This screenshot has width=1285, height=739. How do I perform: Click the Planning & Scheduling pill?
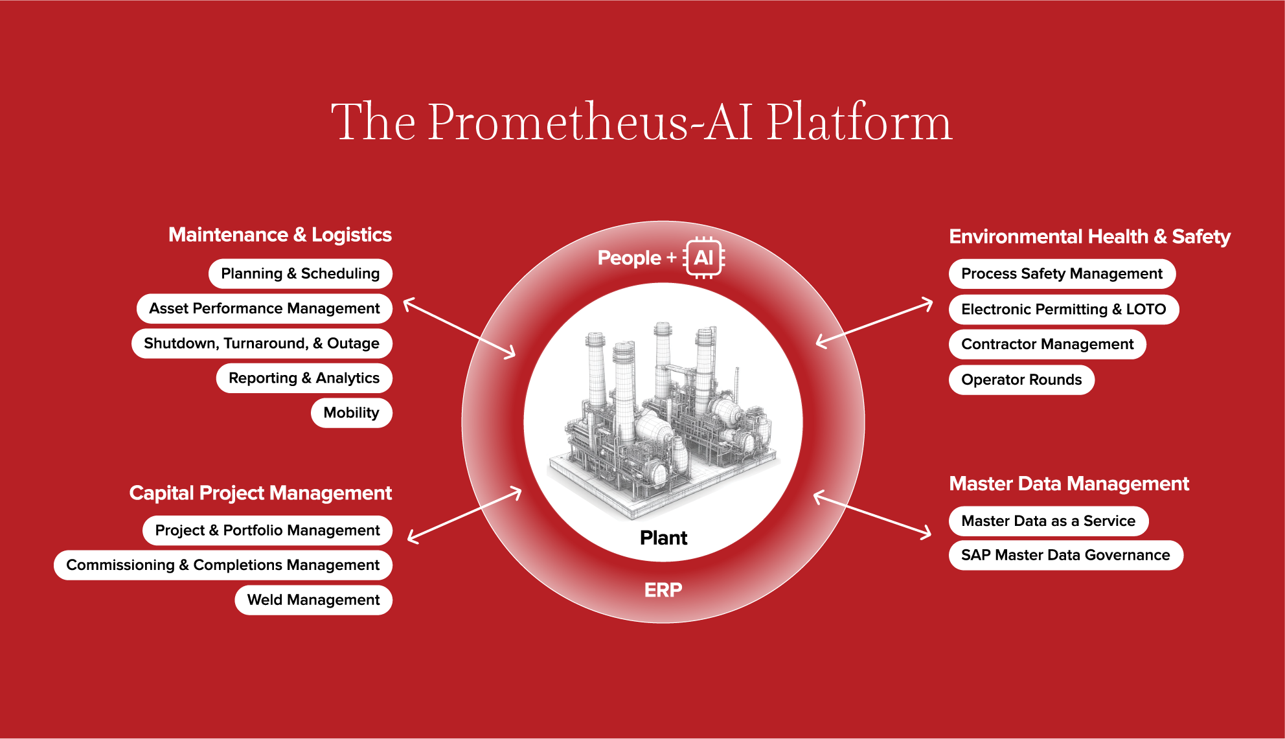tap(300, 273)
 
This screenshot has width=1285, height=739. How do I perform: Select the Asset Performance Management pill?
tap(264, 308)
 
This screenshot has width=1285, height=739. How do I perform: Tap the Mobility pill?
tap(351, 413)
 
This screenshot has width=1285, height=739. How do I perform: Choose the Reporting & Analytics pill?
tap(304, 378)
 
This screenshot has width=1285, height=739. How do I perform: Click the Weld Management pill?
tap(313, 600)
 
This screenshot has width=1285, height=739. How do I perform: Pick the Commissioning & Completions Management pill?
tap(223, 565)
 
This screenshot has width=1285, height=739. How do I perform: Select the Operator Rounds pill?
tap(1021, 380)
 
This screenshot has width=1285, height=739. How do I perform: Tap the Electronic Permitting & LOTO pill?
tap(1063, 309)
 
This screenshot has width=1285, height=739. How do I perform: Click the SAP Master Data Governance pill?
tap(1065, 555)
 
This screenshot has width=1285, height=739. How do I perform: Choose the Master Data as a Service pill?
tap(1048, 521)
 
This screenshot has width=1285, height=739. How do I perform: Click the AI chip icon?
tap(704, 258)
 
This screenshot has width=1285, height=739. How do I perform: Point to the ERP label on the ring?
tap(663, 590)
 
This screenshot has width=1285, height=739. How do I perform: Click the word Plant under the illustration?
tap(663, 538)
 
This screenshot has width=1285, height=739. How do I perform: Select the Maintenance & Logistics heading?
tap(280, 234)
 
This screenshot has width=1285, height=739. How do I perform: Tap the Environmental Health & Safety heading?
tap(1089, 236)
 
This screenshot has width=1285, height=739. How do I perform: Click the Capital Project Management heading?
tap(260, 493)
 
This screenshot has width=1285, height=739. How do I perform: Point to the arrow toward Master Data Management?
tap(872, 515)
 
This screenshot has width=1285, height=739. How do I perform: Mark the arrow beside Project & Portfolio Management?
tap(464, 516)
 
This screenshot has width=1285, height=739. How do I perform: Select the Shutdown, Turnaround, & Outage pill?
tap(262, 343)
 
